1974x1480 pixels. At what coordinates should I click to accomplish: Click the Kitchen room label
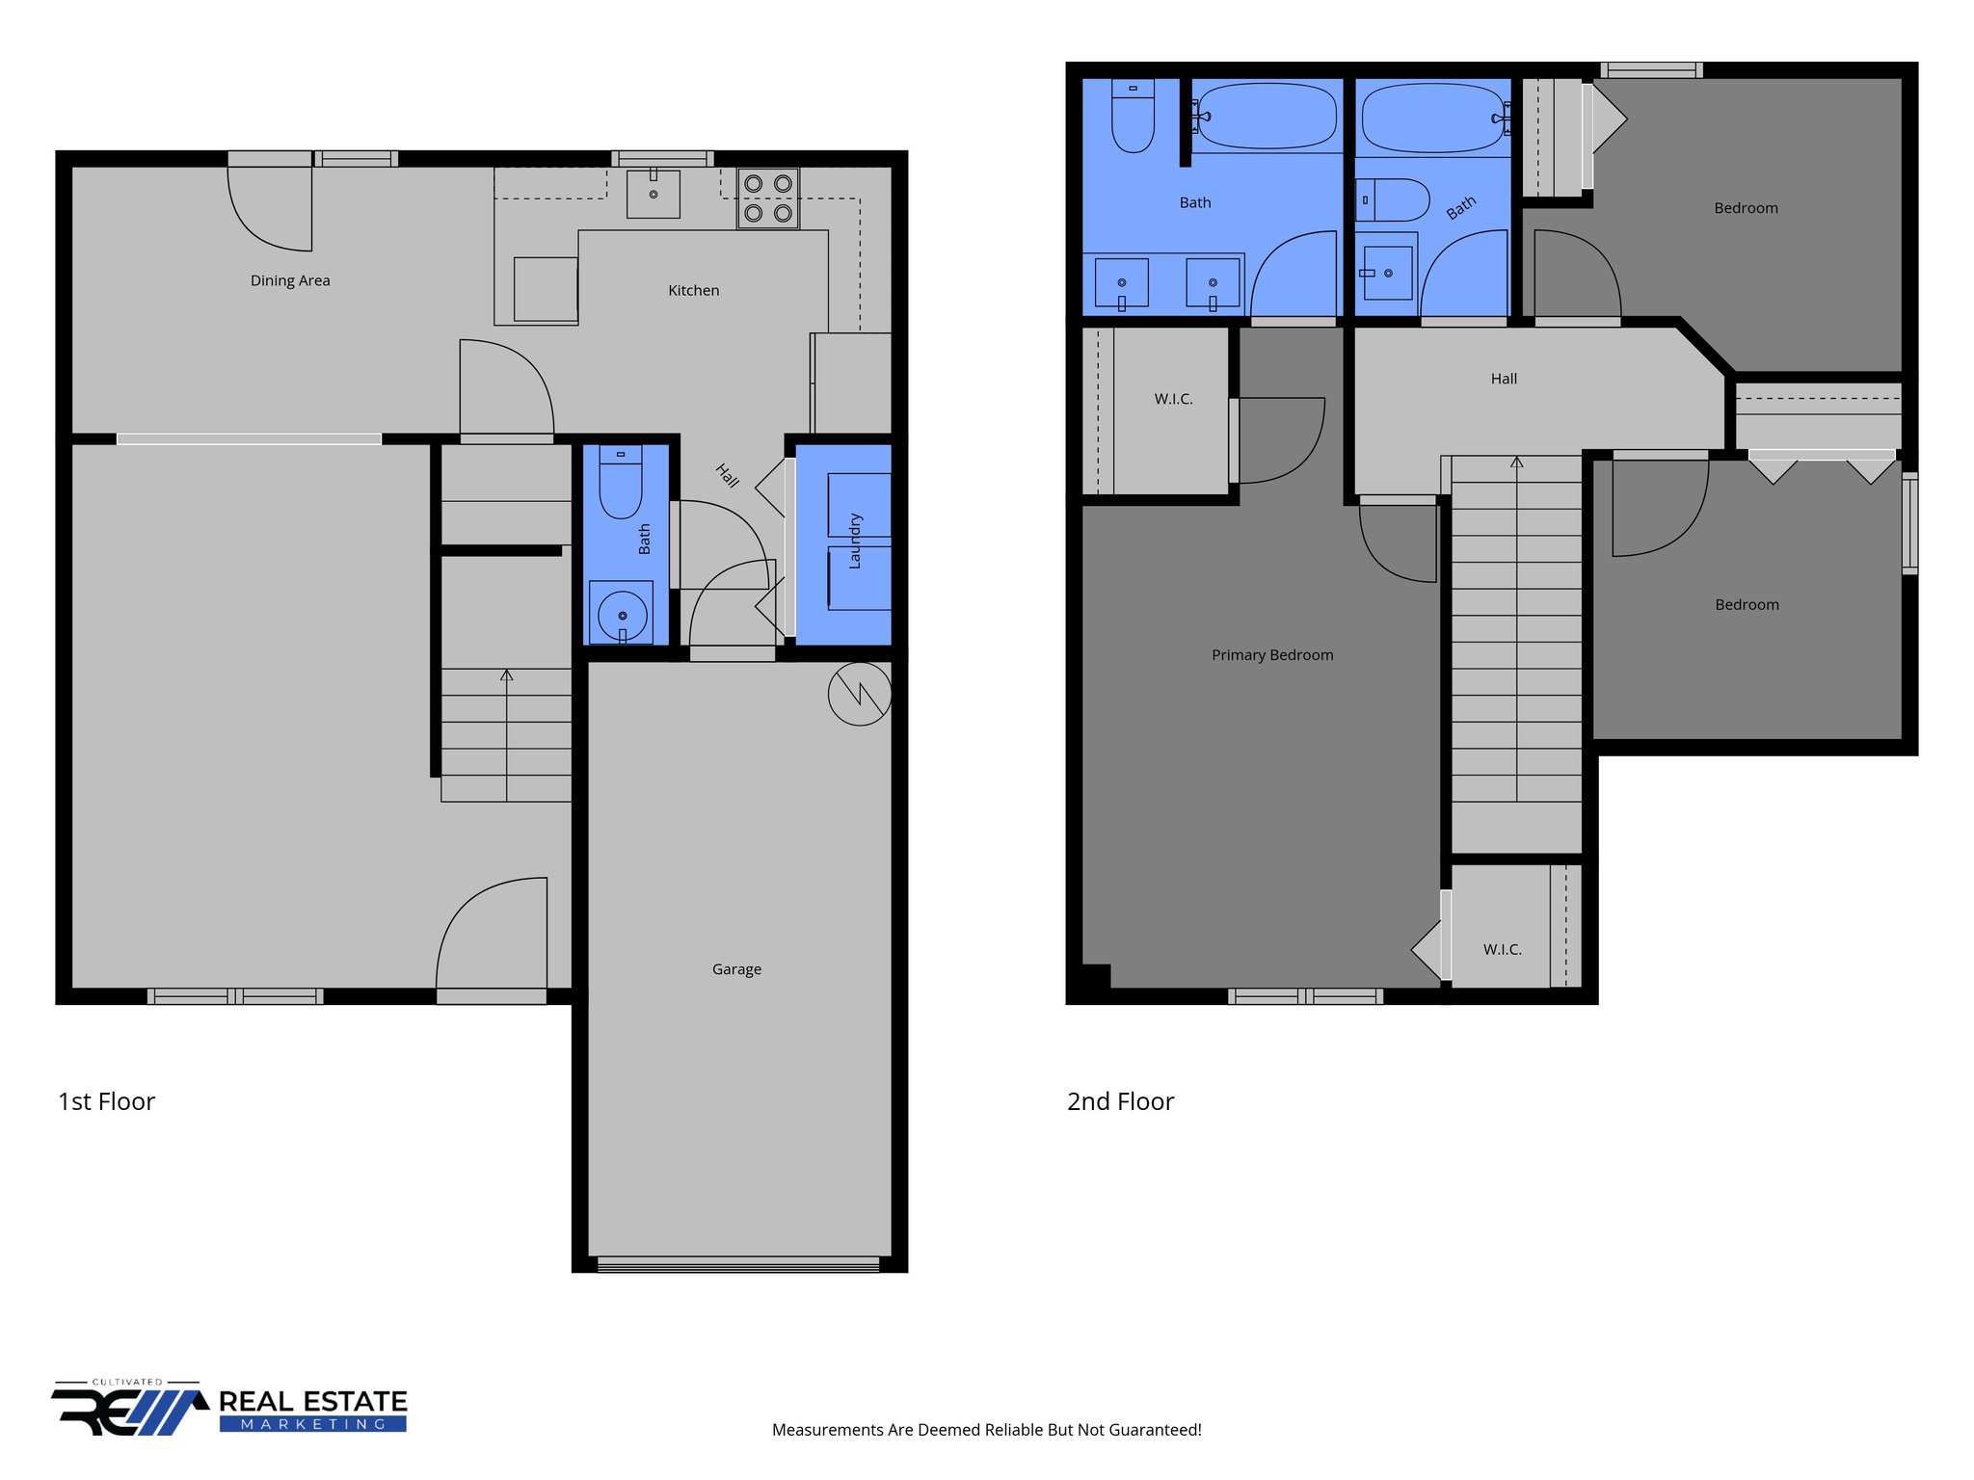point(693,290)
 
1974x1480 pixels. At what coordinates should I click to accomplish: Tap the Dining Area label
point(290,280)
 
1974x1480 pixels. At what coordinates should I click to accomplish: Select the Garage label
point(736,969)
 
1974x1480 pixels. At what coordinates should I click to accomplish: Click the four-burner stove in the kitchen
point(768,198)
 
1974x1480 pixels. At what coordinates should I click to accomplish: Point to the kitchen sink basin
point(654,194)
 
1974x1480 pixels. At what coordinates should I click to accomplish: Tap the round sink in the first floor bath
point(622,615)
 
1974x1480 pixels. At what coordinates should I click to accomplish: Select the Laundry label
point(854,541)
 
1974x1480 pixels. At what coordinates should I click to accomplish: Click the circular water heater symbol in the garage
point(859,694)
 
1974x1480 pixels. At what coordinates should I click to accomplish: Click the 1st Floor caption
point(106,1101)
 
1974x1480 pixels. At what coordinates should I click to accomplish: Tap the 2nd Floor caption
point(1120,1101)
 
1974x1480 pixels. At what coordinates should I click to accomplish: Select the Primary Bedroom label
point(1272,655)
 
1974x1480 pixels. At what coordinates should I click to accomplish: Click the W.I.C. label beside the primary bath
point(1173,399)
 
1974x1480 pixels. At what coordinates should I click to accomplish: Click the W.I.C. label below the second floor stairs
point(1502,949)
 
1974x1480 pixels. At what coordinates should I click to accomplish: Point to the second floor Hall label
point(1504,379)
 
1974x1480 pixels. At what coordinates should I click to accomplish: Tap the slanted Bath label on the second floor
point(1461,207)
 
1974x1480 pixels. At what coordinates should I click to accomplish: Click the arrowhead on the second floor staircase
point(1516,462)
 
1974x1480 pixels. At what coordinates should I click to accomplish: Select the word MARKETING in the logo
point(313,1424)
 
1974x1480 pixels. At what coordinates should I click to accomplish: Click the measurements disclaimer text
point(986,1430)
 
